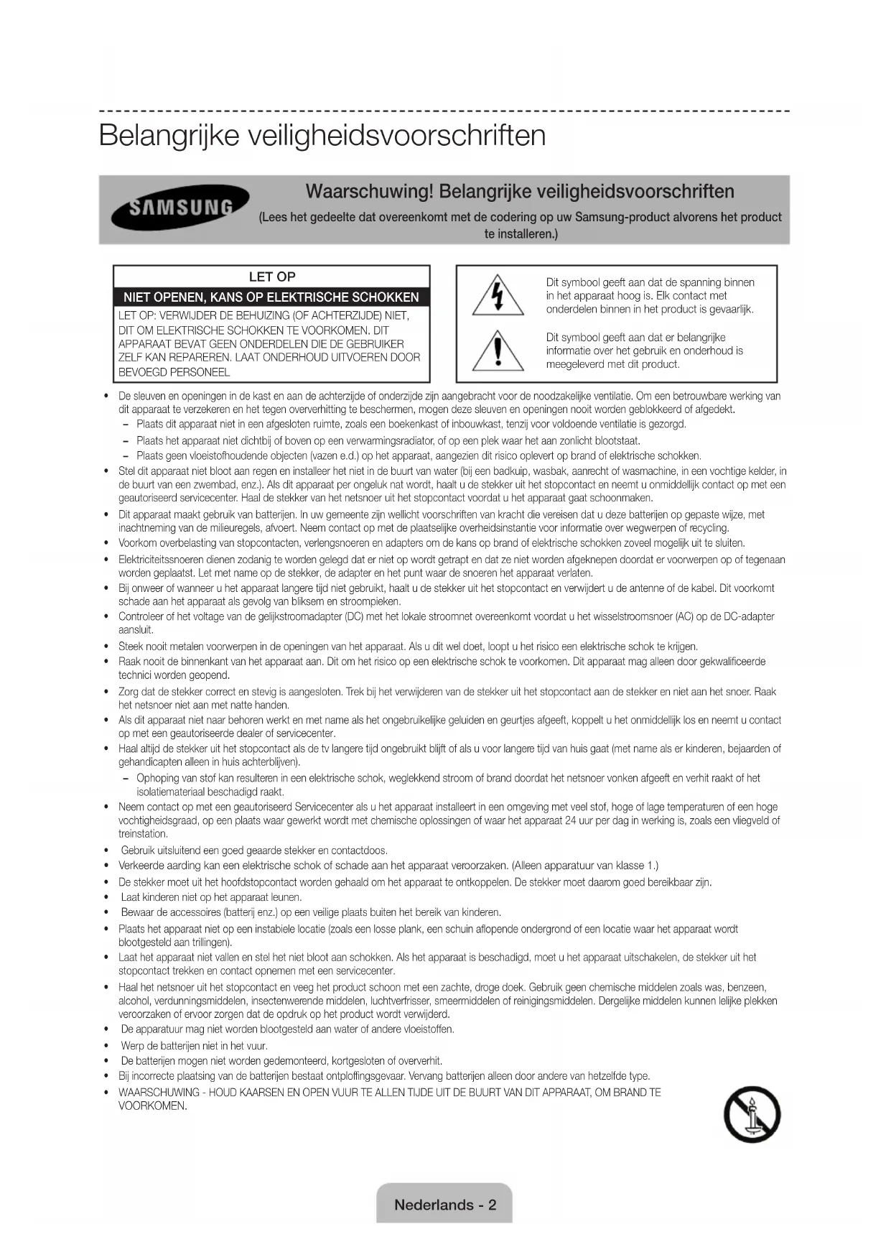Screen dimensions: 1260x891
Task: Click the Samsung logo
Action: (x=180, y=208)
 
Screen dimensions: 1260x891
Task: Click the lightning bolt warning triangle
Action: (x=498, y=297)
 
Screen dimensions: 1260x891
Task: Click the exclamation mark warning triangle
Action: (x=498, y=351)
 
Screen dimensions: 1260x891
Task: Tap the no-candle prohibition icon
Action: (x=752, y=1114)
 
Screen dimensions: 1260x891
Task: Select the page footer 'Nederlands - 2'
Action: (x=444, y=1205)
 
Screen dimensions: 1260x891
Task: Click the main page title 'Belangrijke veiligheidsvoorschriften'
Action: (x=322, y=135)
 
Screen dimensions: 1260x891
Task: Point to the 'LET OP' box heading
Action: (x=271, y=277)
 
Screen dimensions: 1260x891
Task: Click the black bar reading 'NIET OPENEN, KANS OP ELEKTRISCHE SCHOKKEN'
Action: (x=271, y=297)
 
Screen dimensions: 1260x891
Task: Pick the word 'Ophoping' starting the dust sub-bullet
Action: (x=157, y=778)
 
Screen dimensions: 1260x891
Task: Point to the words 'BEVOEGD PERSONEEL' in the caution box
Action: (x=174, y=372)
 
